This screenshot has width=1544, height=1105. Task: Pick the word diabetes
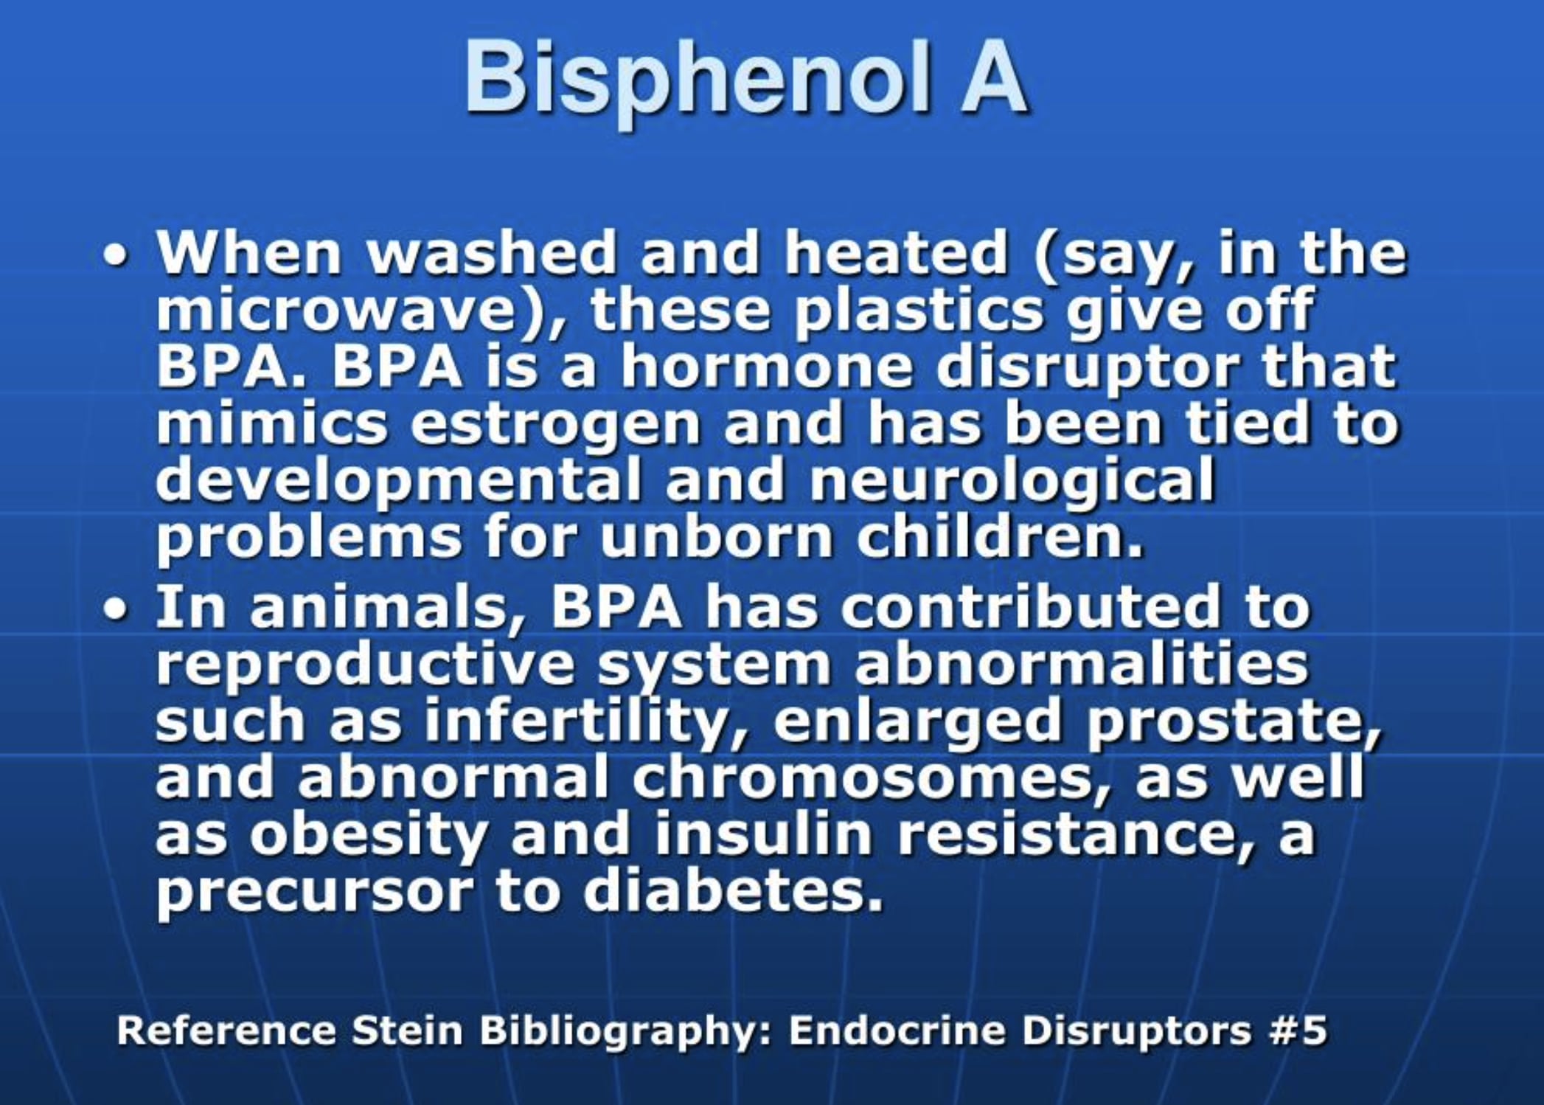[733, 891]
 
